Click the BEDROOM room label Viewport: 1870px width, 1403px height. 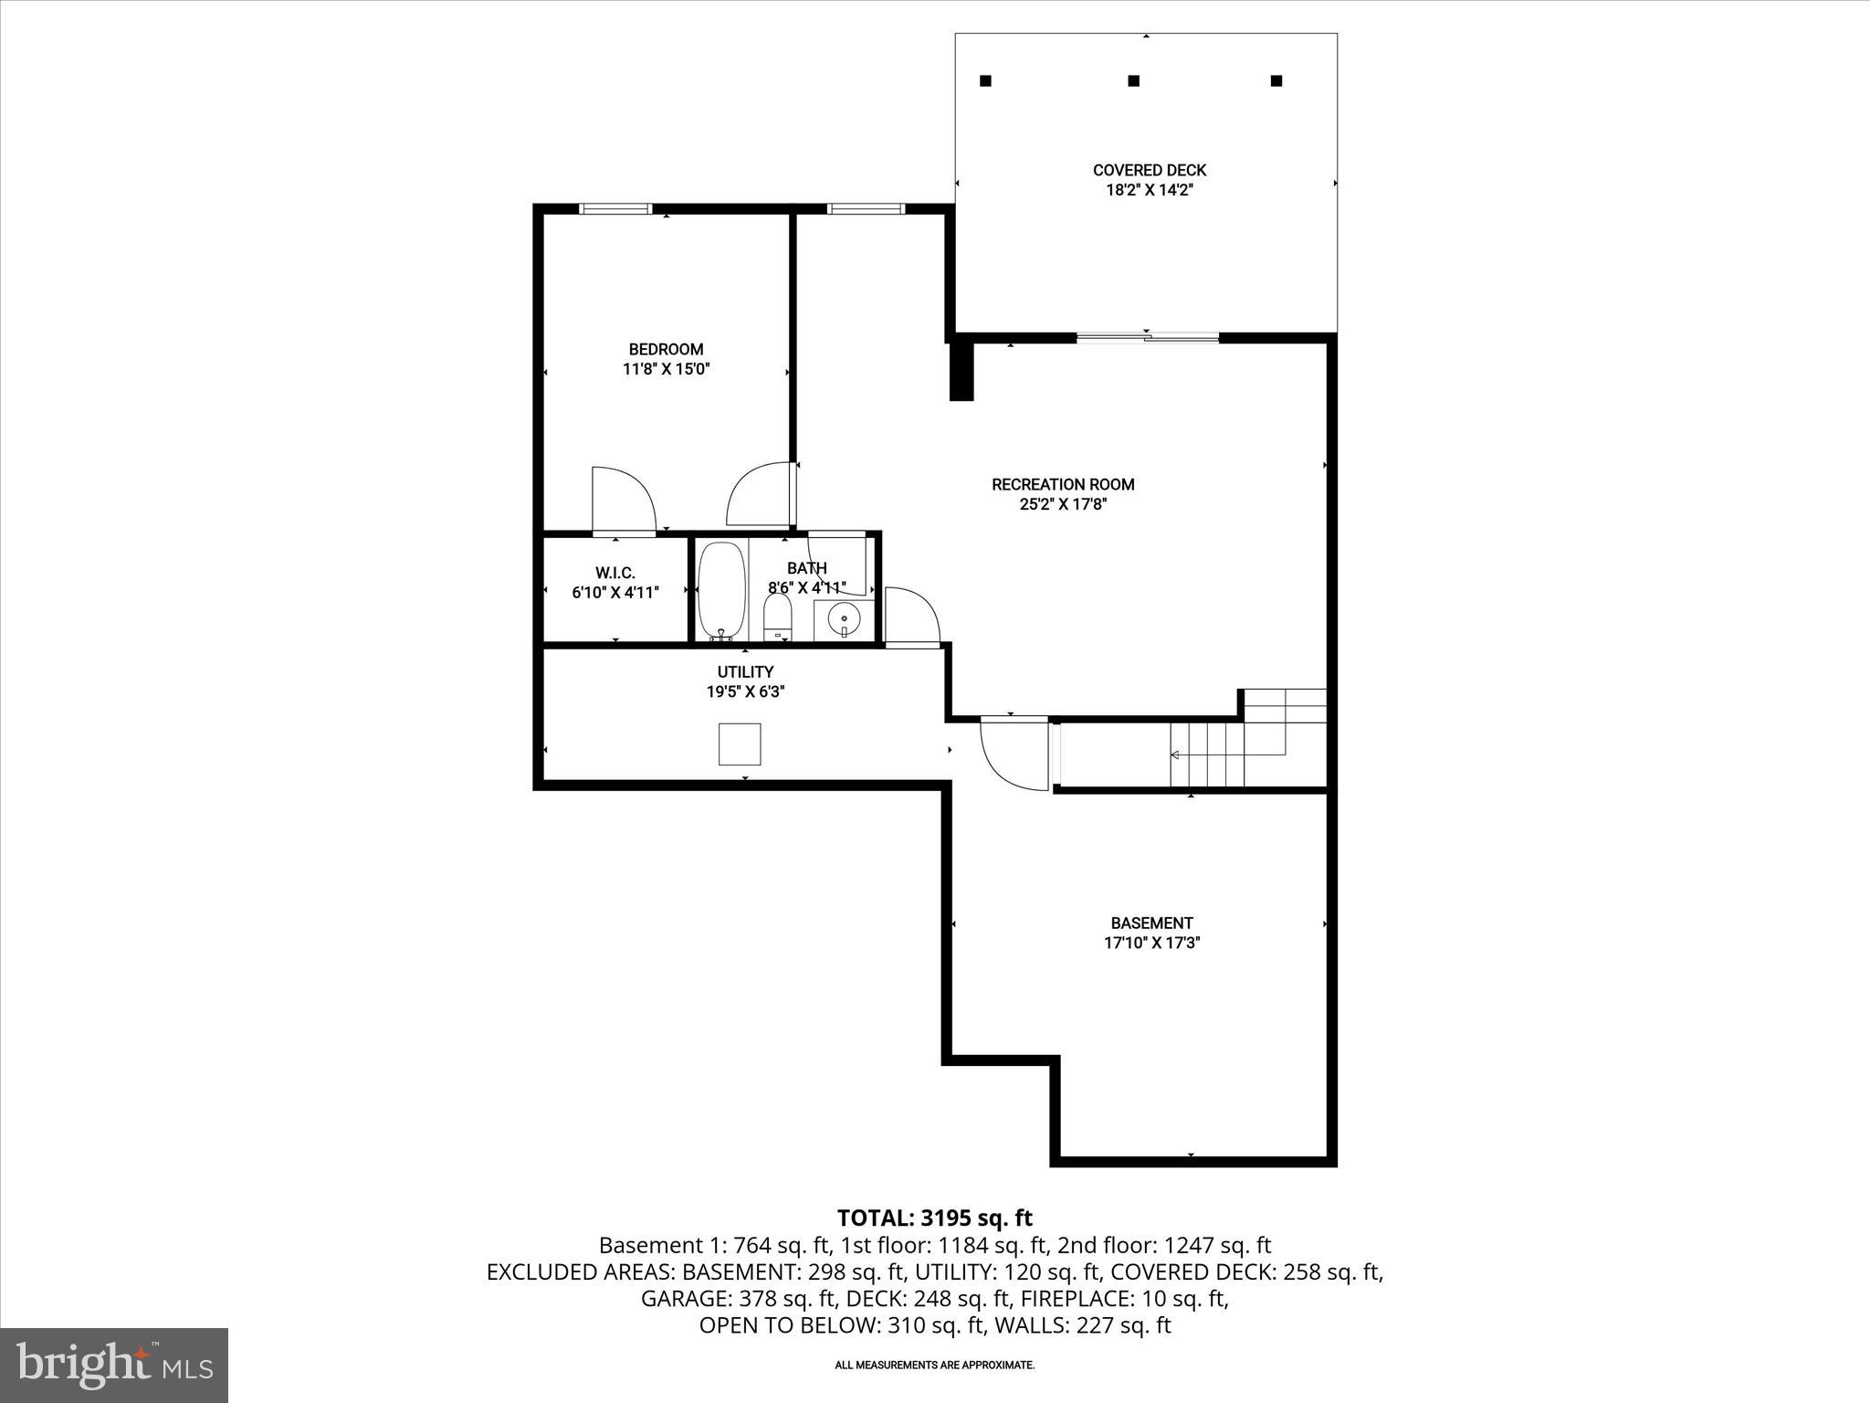(666, 350)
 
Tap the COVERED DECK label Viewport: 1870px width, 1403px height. (1149, 171)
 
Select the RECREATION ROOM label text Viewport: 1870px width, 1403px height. (1063, 485)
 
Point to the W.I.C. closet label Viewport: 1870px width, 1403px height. (615, 573)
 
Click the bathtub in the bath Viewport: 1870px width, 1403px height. (721, 590)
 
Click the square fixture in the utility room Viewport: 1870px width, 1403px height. (740, 744)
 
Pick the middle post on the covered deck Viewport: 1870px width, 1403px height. (1133, 80)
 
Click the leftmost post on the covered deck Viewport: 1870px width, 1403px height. (985, 80)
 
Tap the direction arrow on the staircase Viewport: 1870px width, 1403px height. (1176, 754)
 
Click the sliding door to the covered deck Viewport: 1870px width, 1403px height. (1147, 338)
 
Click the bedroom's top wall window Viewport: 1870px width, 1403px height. (615, 209)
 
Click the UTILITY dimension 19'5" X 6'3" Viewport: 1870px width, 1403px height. (745, 692)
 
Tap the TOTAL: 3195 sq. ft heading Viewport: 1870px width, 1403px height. (934, 1218)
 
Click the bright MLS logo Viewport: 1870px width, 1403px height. (114, 1365)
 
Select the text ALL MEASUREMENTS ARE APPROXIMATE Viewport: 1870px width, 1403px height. (934, 1366)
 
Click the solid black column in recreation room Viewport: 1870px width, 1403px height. (961, 371)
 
